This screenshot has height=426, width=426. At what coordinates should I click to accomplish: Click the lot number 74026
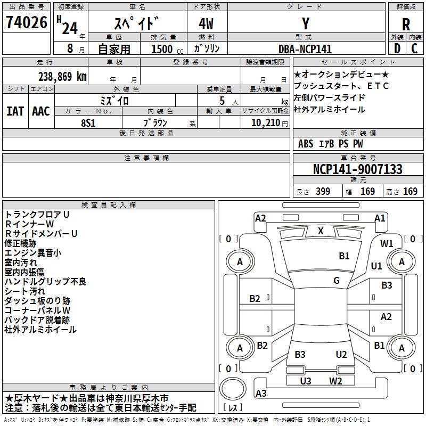point(26,23)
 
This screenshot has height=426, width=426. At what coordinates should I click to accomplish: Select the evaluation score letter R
point(406,24)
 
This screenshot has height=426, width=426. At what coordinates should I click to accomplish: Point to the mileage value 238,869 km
point(62,76)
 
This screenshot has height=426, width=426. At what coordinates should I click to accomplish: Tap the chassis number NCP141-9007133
point(357,169)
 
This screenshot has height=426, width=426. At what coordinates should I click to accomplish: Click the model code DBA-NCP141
point(305,49)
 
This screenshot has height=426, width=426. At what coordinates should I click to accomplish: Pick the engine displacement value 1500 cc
point(162,49)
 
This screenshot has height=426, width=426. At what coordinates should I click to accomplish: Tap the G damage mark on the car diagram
point(337,281)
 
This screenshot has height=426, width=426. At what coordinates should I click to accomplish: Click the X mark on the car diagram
point(321,231)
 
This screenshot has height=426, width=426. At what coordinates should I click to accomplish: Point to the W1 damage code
point(387,244)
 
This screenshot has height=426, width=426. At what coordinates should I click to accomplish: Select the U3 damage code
point(306,380)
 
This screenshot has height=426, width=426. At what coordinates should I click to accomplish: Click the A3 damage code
point(261,394)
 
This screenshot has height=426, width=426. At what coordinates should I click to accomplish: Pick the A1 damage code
point(380,218)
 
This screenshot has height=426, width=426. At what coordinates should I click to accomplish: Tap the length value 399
point(323,191)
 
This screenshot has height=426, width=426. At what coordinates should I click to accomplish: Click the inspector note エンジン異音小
point(32,252)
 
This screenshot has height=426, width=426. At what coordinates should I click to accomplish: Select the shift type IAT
point(15,111)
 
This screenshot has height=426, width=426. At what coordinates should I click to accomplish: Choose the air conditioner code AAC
point(40,111)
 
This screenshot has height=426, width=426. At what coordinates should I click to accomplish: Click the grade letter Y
point(305,24)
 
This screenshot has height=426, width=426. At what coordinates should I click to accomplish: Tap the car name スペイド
point(137,24)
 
